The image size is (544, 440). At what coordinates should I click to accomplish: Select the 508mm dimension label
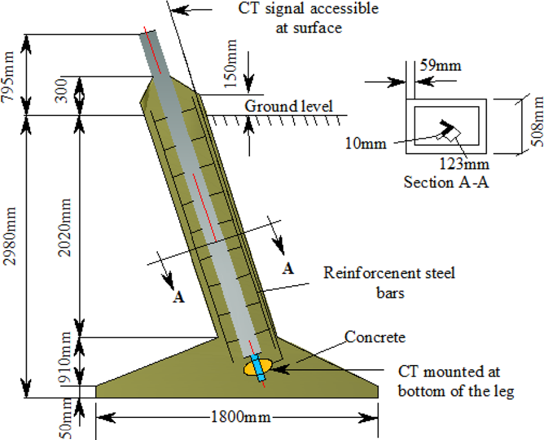537,125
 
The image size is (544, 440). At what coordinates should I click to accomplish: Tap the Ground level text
288,106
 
